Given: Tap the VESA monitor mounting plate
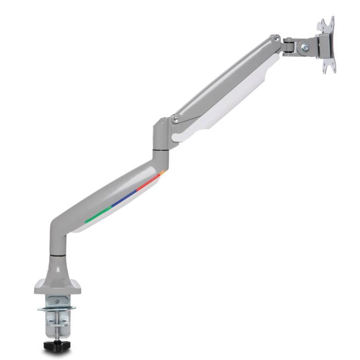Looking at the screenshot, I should (x=326, y=46).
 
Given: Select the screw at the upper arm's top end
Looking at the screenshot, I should (x=277, y=39).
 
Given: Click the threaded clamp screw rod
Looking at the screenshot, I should (x=53, y=324).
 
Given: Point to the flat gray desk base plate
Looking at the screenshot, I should (x=58, y=286).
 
